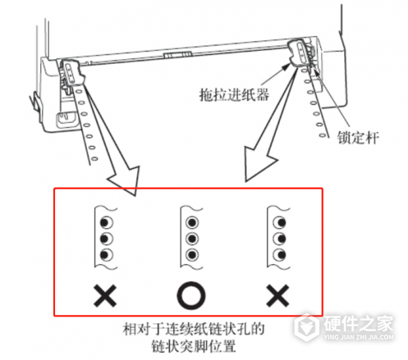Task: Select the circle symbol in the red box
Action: coord(190,295)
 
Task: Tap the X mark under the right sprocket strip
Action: coord(277,295)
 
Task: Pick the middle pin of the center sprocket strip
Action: coord(192,238)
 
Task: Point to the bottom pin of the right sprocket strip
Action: coord(278,254)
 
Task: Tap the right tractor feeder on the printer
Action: coord(299,53)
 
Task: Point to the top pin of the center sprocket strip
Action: coord(192,223)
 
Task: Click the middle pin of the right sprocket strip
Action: coord(278,238)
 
